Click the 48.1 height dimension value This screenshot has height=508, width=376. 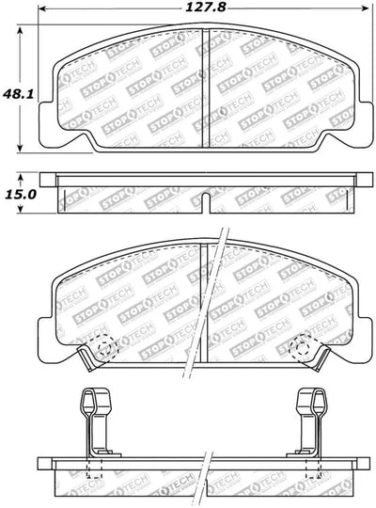click(18, 94)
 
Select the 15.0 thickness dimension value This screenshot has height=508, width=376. click(21, 195)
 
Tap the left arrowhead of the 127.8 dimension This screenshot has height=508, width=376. click(42, 8)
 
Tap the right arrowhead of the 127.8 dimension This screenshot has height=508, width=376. click(365, 8)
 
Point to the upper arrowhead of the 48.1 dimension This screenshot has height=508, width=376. click(20, 31)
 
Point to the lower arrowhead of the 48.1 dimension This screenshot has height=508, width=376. click(20, 148)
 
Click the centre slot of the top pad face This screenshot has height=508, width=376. click(206, 87)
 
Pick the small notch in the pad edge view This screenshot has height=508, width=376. click(206, 203)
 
